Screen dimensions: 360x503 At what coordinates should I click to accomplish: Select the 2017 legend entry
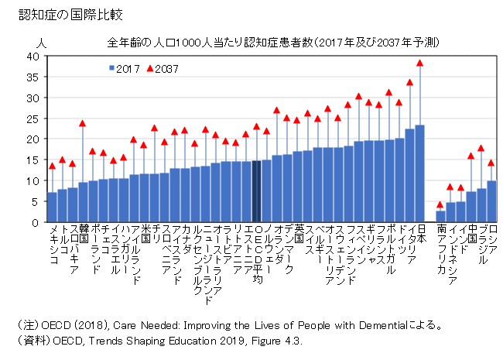click(124, 68)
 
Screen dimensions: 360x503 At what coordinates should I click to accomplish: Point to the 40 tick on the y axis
click(33, 57)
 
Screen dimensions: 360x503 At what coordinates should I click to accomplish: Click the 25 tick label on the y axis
click(33, 118)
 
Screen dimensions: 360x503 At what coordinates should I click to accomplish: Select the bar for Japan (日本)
click(420, 173)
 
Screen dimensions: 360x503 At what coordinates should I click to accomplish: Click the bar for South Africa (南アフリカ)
click(440, 216)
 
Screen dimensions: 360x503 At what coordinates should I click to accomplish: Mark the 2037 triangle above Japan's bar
click(420, 63)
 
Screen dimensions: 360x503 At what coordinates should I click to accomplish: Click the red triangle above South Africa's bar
click(440, 204)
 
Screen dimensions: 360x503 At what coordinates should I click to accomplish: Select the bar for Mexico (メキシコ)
click(52, 207)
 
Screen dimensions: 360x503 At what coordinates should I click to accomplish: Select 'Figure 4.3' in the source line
click(276, 341)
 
